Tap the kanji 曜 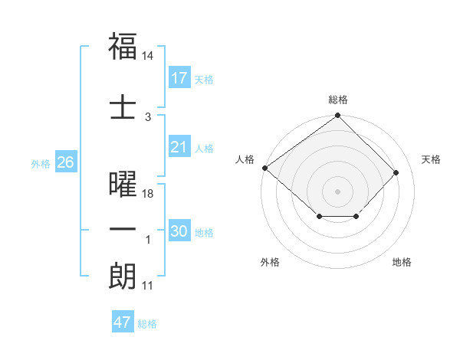tap(123, 185)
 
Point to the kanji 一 tap(123, 230)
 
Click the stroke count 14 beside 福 tap(148, 57)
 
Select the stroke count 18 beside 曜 tap(148, 194)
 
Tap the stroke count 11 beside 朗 tap(148, 286)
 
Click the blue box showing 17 tap(179, 78)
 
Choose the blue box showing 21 tap(179, 148)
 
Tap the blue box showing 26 tap(65, 162)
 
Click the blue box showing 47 tap(122, 322)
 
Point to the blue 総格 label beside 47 tap(147, 324)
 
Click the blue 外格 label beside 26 tap(41, 164)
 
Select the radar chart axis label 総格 tap(337, 100)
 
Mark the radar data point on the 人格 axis tap(264, 168)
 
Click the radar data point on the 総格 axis tap(337, 116)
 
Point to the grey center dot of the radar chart tap(337, 191)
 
